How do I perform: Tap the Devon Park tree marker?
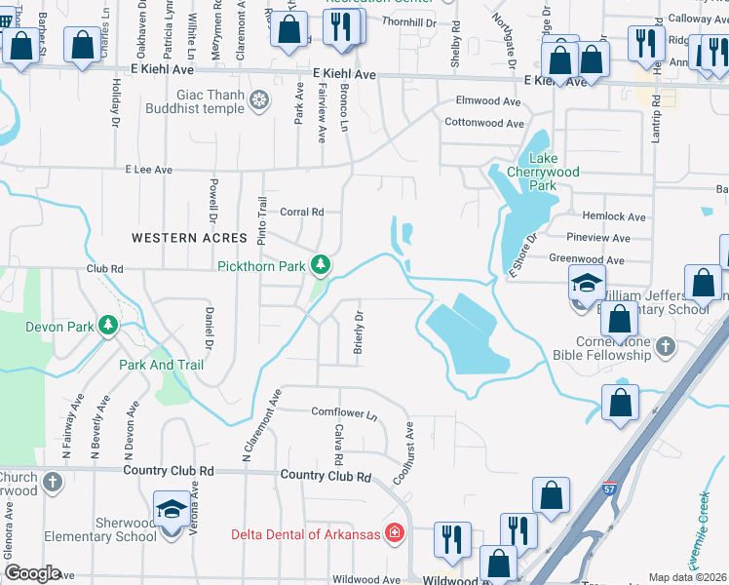pyautogui.click(x=108, y=325)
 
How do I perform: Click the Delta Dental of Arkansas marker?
pyautogui.click(x=394, y=533)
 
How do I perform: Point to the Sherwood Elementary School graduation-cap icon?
pyautogui.click(x=172, y=509)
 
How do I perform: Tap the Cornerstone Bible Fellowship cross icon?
pyautogui.click(x=665, y=346)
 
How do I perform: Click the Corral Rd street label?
pyautogui.click(x=301, y=212)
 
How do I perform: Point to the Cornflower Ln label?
pyautogui.click(x=344, y=412)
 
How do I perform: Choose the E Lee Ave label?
pyautogui.click(x=148, y=170)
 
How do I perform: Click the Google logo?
pyautogui.click(x=32, y=573)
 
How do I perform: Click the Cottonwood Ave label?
pyautogui.click(x=484, y=123)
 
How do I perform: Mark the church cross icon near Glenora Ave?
pyautogui.click(x=53, y=481)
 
